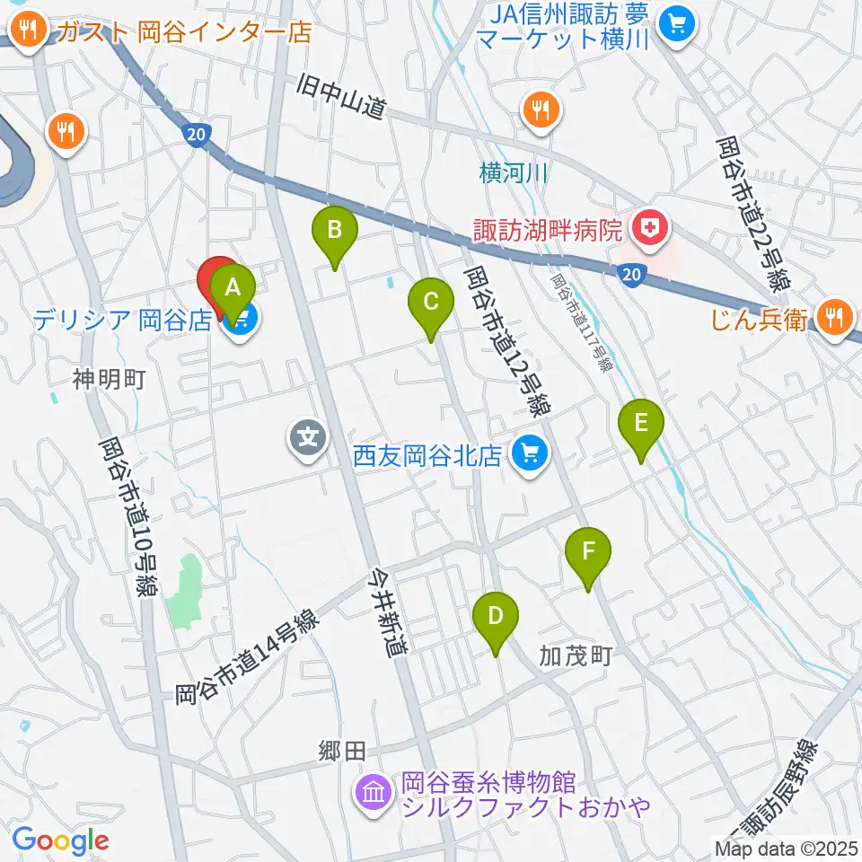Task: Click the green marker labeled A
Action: click(233, 290)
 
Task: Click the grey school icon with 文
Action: click(308, 439)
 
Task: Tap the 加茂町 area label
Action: click(576, 655)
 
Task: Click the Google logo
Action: click(61, 840)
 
